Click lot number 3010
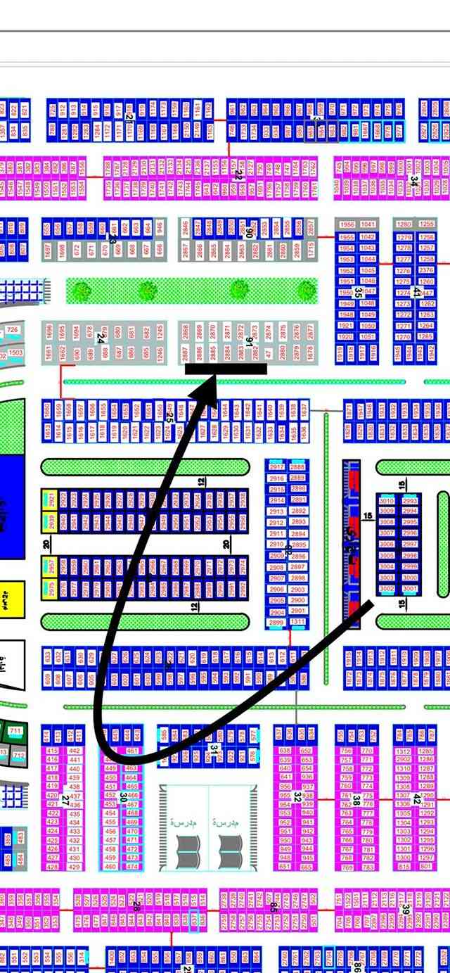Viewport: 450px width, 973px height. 387,501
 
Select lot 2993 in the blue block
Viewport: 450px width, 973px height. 410,501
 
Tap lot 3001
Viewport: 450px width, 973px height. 410,589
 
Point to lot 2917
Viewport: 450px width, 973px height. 277,467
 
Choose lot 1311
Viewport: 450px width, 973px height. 298,622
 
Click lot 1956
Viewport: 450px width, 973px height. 347,224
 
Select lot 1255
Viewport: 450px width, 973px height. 427,224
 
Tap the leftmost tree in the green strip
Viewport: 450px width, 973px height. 82,290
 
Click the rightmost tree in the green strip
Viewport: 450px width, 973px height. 306,290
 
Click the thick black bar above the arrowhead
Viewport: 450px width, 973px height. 226,369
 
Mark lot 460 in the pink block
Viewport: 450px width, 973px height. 111,866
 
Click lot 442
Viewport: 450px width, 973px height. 74,751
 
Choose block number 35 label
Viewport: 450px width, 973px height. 358,291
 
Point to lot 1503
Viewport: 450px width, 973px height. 15,352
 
